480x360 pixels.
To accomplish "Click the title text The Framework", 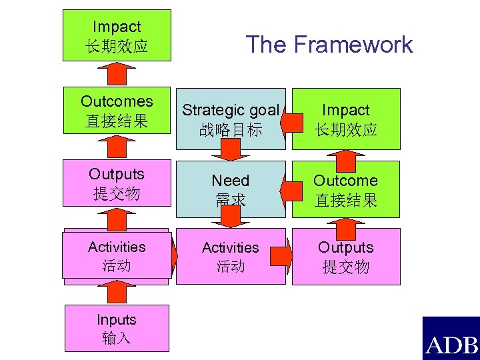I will coord(329,45).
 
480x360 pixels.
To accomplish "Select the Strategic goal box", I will coord(230,119).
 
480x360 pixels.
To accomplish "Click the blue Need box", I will coord(230,189).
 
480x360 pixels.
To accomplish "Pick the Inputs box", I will coord(116,329).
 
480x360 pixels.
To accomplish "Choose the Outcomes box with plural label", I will coord(117,111).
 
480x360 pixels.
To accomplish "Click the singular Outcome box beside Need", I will coord(345,189).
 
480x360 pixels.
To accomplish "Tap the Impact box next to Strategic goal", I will coord(345,119).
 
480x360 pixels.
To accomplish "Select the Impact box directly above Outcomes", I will coord(117,36).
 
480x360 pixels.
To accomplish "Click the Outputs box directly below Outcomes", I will coord(117,183).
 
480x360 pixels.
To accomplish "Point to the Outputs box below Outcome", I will coord(345,257).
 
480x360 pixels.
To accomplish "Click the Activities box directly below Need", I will coord(230,257).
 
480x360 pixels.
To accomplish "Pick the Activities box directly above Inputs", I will coord(117,256).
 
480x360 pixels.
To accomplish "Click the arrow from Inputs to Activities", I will coord(117,292).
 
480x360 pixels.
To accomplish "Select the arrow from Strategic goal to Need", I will coord(230,153).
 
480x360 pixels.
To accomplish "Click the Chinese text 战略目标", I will coord(230,129).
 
